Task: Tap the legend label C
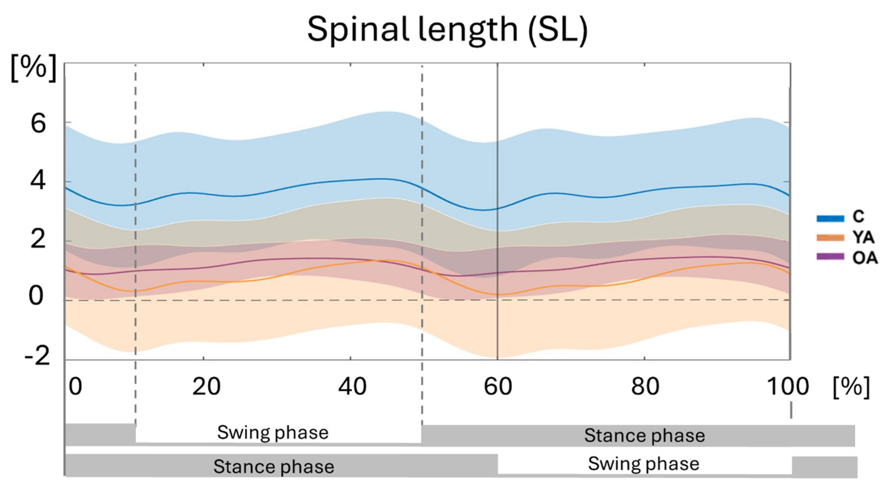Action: [858, 217]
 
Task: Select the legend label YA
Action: [863, 238]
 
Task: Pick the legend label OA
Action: [865, 258]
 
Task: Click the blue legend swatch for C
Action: [830, 218]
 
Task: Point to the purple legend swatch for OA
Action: [830, 257]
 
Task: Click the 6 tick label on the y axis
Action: [38, 124]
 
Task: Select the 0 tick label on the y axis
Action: [36, 296]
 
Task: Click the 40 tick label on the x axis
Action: [352, 386]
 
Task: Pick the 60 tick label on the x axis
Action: [498, 386]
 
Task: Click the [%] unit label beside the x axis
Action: [851, 387]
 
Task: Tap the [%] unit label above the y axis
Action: [34, 68]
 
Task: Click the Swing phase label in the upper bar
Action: [273, 433]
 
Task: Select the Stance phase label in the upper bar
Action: [644, 435]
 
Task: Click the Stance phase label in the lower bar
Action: [274, 466]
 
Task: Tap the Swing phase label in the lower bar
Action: [644, 464]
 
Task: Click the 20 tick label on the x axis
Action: [206, 386]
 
